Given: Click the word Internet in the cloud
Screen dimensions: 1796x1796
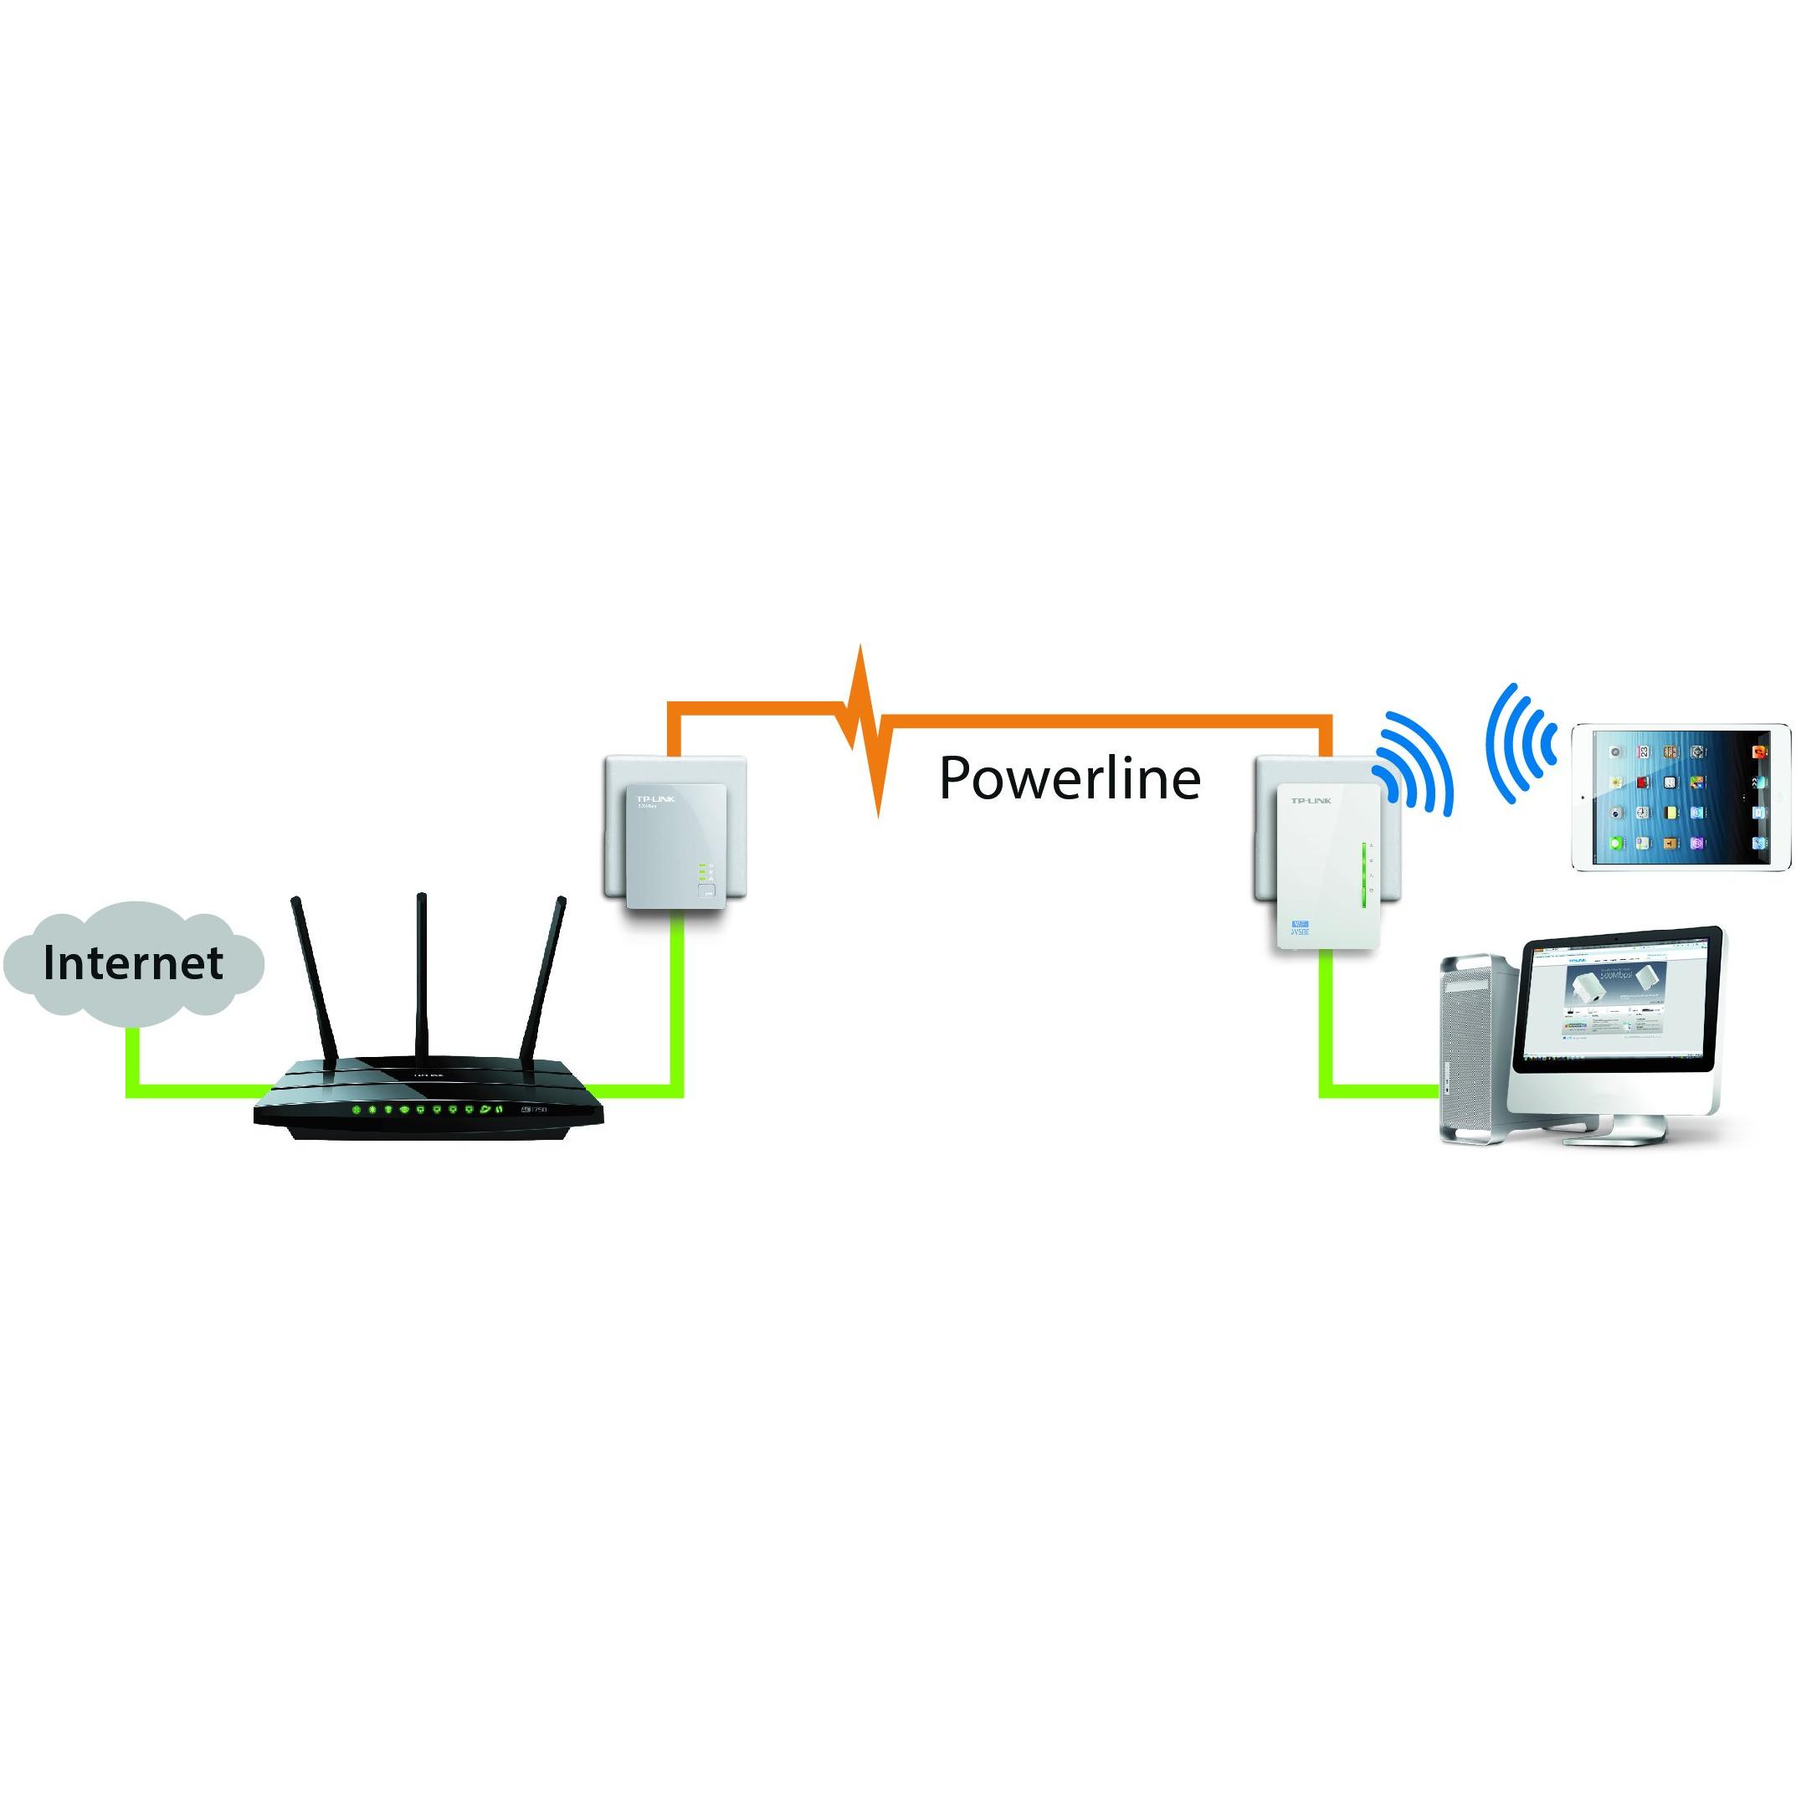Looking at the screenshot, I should click(x=133, y=963).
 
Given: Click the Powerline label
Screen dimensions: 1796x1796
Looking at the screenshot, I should click(x=1069, y=778).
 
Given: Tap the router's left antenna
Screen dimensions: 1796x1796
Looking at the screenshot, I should click(x=314, y=981).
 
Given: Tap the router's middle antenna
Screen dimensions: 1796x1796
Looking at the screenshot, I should click(x=423, y=976).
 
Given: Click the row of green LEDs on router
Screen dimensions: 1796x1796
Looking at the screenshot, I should click(x=428, y=1110).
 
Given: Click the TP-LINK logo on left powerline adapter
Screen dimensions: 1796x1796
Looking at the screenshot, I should click(x=655, y=798).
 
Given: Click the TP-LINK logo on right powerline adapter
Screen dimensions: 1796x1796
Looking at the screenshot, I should click(x=1311, y=800).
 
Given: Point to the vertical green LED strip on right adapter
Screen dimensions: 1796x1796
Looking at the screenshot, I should click(x=1363, y=879).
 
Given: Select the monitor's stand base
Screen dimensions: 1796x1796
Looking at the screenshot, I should click(x=1627, y=1131).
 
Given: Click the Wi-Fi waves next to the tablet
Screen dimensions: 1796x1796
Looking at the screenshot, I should click(x=1520, y=744).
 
